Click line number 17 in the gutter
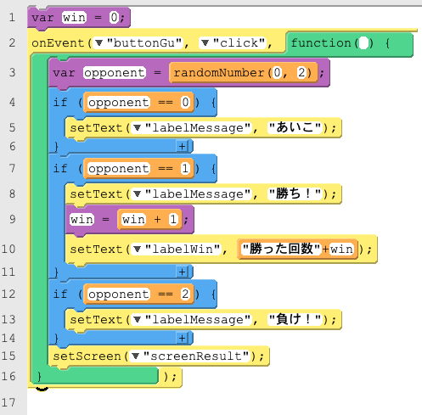(x=8, y=402)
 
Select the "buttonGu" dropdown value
(x=138, y=43)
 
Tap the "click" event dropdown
(x=234, y=43)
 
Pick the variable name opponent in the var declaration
(x=115, y=73)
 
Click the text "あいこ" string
(x=295, y=127)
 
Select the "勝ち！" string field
(x=295, y=193)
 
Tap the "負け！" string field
(x=295, y=319)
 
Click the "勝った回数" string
(x=281, y=249)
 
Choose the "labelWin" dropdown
(x=177, y=249)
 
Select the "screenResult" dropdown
(x=190, y=356)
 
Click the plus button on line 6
(x=182, y=146)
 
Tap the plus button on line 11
(x=182, y=272)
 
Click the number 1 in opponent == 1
(x=185, y=169)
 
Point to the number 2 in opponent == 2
(x=185, y=294)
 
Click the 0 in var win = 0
(x=114, y=18)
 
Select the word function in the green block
(x=321, y=43)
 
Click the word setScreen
(x=87, y=356)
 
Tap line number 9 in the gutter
(x=12, y=219)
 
